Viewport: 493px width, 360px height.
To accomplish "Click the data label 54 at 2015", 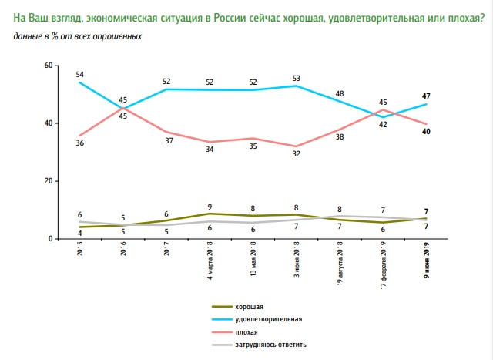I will pyautogui.click(x=80, y=74).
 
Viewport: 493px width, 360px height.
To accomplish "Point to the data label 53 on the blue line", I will pyautogui.click(x=296, y=78).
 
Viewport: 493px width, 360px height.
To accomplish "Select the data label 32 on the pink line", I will pyautogui.click(x=296, y=154).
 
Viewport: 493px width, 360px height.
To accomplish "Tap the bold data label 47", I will pyautogui.click(x=426, y=96).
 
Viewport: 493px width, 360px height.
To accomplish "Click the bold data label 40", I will pyautogui.click(x=426, y=133).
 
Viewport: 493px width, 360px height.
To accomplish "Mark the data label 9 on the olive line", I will pyautogui.click(x=210, y=206).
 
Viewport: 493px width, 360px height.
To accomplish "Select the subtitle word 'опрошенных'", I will pyautogui.click(x=119, y=35).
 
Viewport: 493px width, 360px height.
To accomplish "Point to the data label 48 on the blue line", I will pyautogui.click(x=340, y=94).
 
